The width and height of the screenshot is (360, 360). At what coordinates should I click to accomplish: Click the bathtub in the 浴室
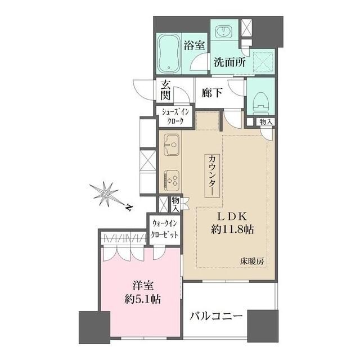tap(169, 53)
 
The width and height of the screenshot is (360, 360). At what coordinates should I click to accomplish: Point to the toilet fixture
tap(260, 101)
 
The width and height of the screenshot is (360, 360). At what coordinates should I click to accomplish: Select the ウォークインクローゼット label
tap(164, 229)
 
